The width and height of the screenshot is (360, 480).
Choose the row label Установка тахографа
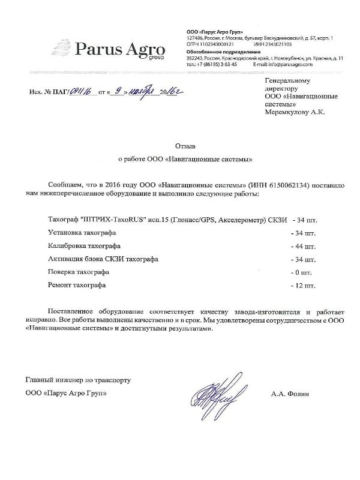[x=82, y=232]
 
